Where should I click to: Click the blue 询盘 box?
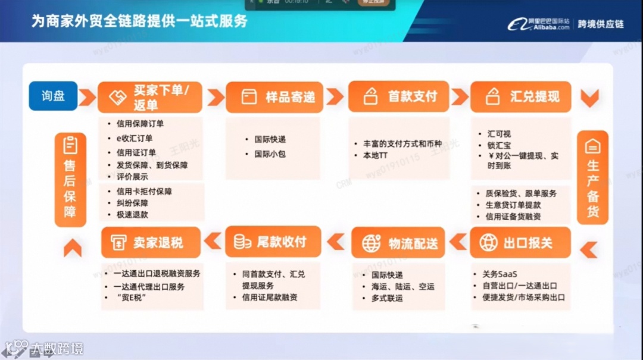point(53,96)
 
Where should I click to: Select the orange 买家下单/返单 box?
point(149,97)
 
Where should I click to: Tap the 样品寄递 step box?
point(274,97)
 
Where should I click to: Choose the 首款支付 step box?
point(398,96)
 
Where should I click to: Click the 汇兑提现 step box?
point(520,96)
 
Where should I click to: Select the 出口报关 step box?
point(520,242)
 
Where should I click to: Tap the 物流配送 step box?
point(398,243)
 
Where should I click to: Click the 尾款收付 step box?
point(273,242)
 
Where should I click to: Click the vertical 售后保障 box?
point(70,179)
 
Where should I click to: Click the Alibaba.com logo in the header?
point(539,24)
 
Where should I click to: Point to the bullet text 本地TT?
point(375,155)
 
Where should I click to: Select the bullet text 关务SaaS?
point(500,275)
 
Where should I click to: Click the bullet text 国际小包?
point(270,154)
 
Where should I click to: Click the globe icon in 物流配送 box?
point(371,243)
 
